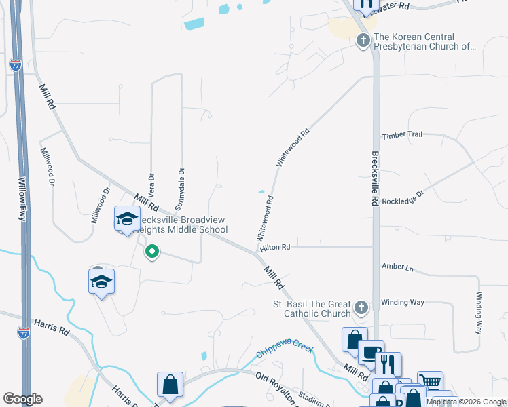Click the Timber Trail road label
(402, 135)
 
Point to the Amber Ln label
(397, 267)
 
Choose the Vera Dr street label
(151, 185)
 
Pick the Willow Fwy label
(22, 199)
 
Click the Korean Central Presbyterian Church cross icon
(363, 41)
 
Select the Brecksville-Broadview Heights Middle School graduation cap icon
(127, 218)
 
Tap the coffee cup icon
(370, 353)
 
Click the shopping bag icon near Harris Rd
(170, 385)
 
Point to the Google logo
(22, 399)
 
